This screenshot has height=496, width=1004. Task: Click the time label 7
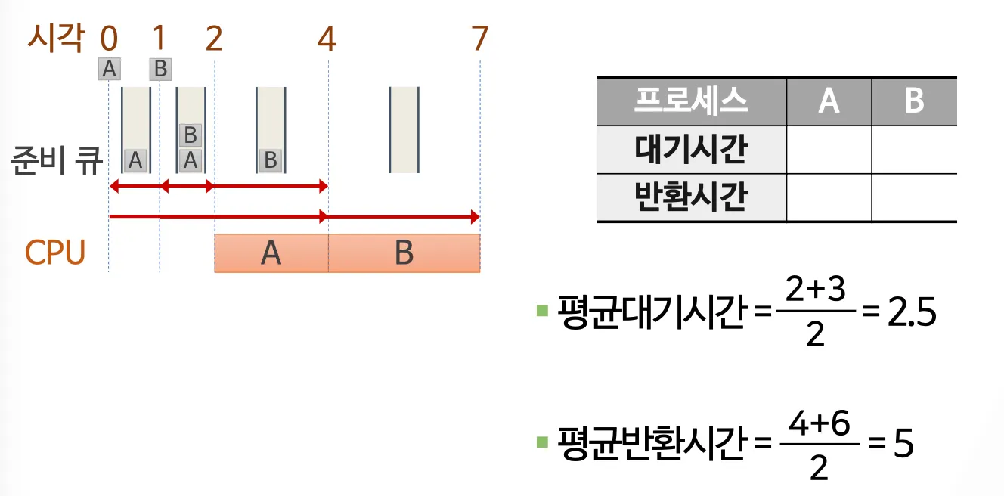click(479, 38)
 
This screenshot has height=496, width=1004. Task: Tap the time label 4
click(327, 38)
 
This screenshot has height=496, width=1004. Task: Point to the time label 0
click(109, 38)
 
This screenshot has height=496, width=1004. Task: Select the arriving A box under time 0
click(109, 69)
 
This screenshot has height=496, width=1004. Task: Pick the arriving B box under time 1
click(160, 69)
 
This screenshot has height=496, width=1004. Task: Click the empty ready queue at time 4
click(404, 129)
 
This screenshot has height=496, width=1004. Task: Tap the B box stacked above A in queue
click(191, 135)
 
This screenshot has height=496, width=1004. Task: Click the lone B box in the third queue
click(270, 160)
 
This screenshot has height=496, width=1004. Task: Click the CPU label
click(55, 253)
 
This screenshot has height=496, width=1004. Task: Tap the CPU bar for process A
click(271, 253)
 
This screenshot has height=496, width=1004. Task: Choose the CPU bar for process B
click(404, 253)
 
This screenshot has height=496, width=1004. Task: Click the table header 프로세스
click(690, 101)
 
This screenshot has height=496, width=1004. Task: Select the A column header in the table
click(829, 101)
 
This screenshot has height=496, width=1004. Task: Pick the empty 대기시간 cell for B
click(913, 150)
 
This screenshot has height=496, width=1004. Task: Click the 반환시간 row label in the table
click(690, 197)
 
